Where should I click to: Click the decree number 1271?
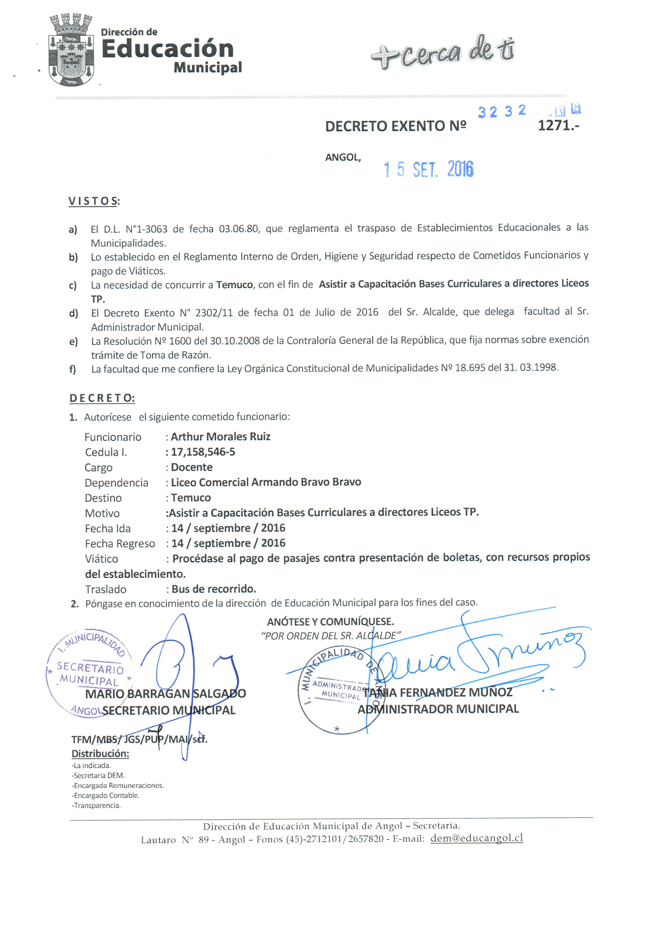[x=558, y=126]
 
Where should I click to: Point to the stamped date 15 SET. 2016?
[x=429, y=169]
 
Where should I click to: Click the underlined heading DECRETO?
[x=102, y=398]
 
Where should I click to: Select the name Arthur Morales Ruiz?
[x=220, y=436]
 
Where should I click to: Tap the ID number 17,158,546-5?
[x=203, y=452]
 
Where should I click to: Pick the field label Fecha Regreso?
[x=120, y=543]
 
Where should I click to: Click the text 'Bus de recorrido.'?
[x=214, y=589]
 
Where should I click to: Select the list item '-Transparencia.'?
[x=97, y=805]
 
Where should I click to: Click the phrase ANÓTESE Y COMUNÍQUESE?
[x=330, y=622]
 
